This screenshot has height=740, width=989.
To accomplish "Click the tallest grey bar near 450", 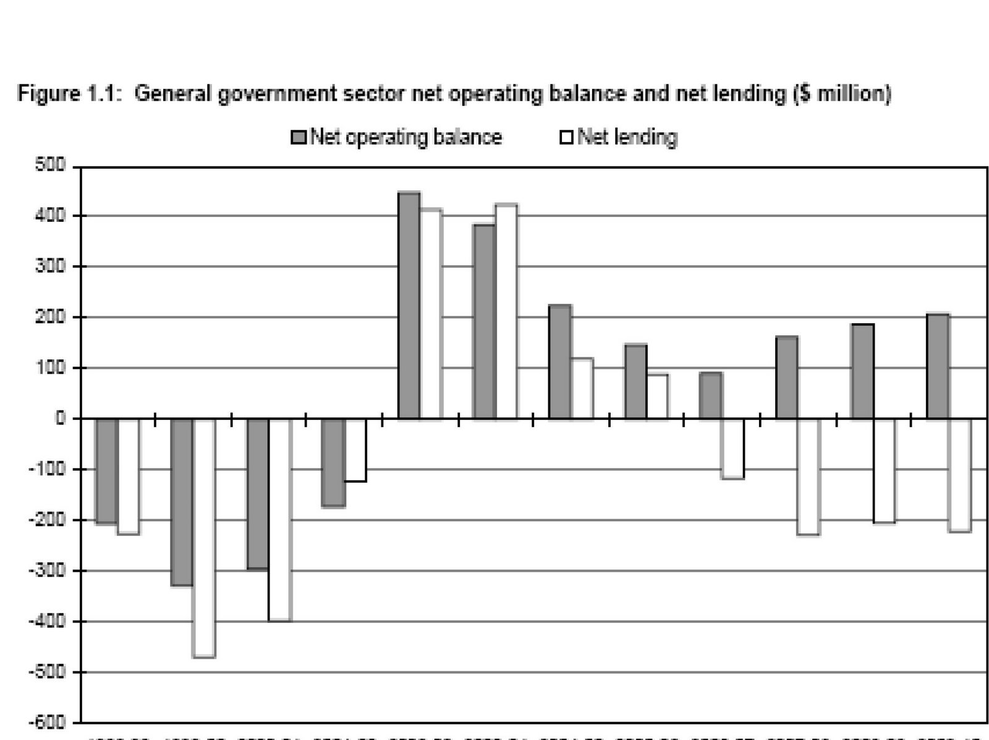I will click(409, 306).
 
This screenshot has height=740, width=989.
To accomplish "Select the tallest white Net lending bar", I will click(506, 312).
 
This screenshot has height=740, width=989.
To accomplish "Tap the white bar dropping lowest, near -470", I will click(204, 538).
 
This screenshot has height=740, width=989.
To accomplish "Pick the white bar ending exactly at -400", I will click(279, 519).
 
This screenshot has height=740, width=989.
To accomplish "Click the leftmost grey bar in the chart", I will click(106, 471).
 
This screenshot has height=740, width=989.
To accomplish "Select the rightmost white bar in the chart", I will click(960, 475).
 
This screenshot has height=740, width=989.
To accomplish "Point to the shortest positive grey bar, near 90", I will click(710, 396).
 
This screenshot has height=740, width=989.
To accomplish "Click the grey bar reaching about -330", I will click(182, 502).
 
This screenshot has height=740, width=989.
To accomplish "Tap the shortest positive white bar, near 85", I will click(657, 397).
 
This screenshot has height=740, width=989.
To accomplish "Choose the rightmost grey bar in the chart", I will click(938, 367).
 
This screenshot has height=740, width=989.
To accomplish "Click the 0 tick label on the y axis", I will click(59, 419).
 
